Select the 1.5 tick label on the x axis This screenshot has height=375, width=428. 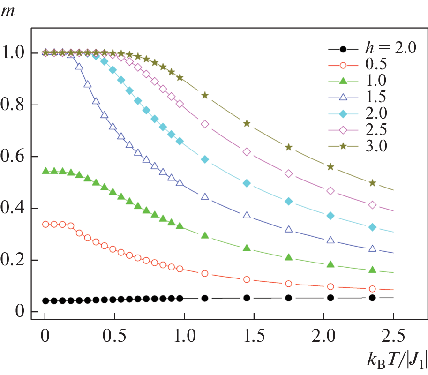click(x=254, y=336)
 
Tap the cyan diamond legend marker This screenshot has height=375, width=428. click(x=343, y=114)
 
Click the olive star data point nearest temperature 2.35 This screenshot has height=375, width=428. click(x=372, y=183)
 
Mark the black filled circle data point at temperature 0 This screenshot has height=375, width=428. click(x=45, y=301)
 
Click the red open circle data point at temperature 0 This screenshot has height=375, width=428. click(x=45, y=225)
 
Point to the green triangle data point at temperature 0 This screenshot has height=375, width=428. click(x=45, y=171)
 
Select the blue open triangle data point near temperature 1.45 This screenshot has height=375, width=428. click(x=247, y=216)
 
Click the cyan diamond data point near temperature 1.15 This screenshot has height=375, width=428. click(x=205, y=159)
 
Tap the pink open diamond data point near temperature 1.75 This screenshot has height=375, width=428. click(x=289, y=173)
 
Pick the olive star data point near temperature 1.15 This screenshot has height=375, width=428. click(x=205, y=96)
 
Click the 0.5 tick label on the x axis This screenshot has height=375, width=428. click(x=114, y=336)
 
